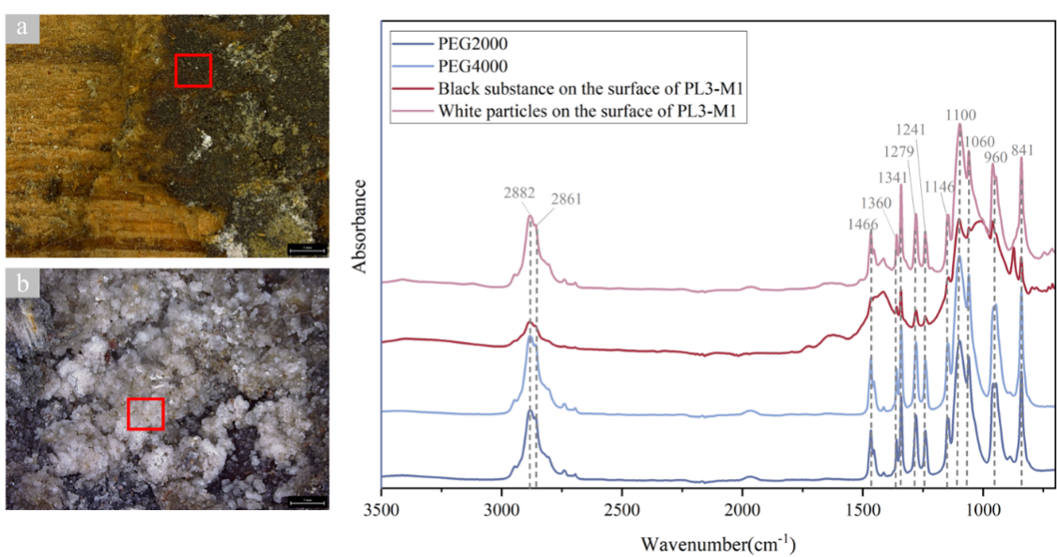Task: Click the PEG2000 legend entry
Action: (x=471, y=43)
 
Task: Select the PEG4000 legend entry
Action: (x=471, y=67)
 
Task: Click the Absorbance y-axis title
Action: (x=360, y=221)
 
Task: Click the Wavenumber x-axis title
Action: (x=719, y=544)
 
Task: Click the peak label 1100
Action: (x=960, y=116)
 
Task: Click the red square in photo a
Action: (x=193, y=70)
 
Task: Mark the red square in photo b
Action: (x=146, y=413)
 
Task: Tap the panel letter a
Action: (x=22, y=28)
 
